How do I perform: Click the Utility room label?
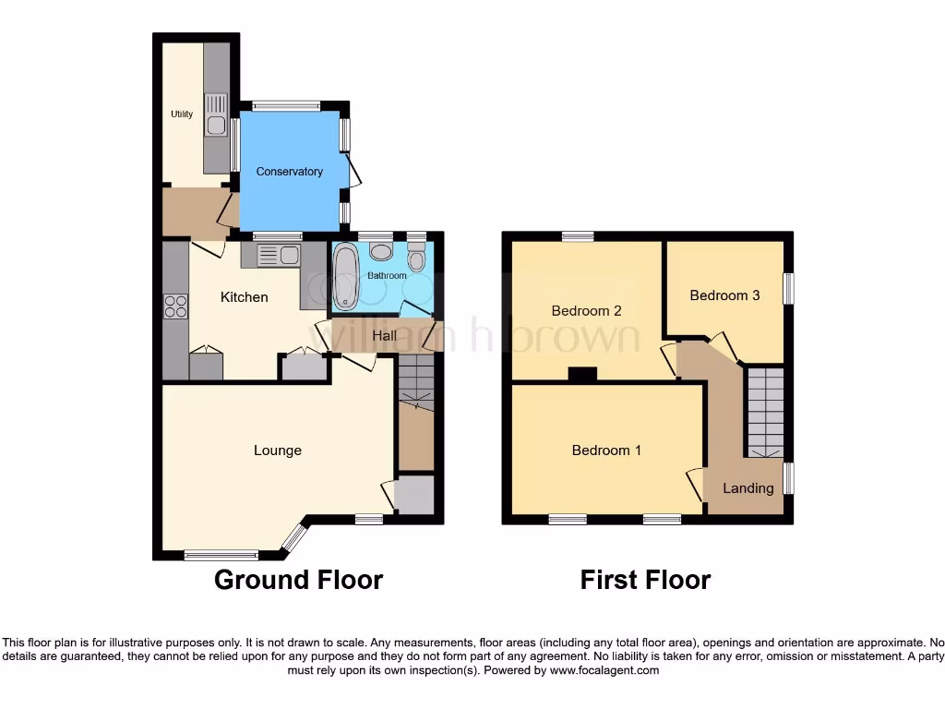[182, 114]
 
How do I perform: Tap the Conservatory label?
[290, 172]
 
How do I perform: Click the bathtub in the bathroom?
[346, 276]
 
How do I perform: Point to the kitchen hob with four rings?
[175, 306]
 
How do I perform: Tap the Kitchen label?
[245, 297]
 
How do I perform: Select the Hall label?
[385, 335]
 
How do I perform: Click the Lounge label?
[278, 451]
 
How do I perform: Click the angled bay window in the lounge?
[295, 538]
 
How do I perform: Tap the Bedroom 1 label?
[606, 451]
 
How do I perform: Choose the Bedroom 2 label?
[586, 311]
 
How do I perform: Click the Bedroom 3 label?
[724, 295]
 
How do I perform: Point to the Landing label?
[748, 487]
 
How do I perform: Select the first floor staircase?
[765, 411]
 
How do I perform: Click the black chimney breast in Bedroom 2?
[582, 374]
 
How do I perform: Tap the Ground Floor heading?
[298, 580]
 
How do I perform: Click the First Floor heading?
[645, 580]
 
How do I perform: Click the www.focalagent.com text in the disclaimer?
[604, 670]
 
